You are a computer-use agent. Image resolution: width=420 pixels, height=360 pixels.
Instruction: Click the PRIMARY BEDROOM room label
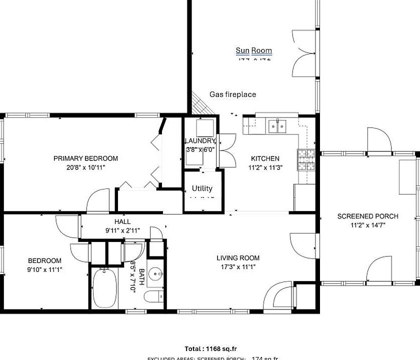[85, 158]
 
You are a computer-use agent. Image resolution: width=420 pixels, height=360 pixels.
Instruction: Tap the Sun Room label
[254, 50]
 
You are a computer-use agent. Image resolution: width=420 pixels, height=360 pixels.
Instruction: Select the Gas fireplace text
[232, 94]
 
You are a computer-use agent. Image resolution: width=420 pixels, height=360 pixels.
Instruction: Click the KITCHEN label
[265, 158]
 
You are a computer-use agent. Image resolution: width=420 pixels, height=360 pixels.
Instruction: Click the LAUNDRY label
[200, 141]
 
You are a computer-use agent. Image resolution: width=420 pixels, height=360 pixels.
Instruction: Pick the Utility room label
[202, 188]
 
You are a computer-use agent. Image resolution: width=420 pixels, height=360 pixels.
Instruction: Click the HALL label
[122, 221]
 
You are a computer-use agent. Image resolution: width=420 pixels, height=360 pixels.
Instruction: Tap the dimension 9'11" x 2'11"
[122, 230]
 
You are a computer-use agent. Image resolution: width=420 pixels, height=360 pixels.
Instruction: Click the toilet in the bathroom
[153, 296]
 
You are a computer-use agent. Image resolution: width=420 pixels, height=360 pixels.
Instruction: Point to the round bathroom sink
[156, 274]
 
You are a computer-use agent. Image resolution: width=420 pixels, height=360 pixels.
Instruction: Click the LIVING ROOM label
[238, 258]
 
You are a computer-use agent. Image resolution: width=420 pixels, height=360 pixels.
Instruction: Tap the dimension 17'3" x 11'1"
[238, 266]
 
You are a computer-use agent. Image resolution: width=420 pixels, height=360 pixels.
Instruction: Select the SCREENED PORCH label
[367, 216]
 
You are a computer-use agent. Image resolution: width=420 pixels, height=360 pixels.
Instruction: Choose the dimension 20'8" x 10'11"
[85, 167]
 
